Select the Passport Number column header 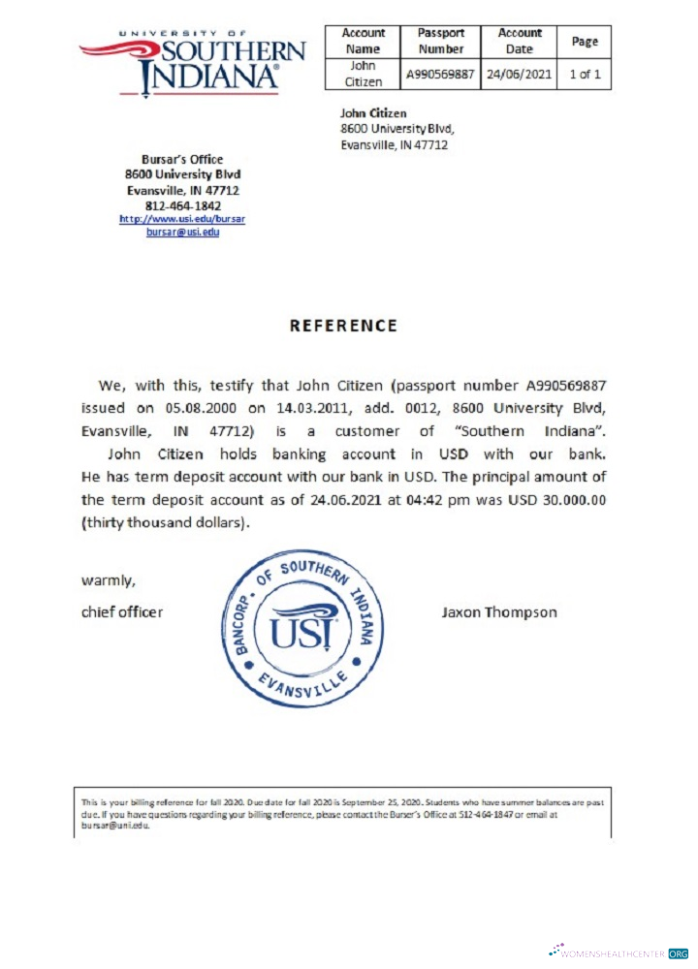pyautogui.click(x=441, y=41)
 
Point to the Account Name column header pyautogui.click(x=364, y=41)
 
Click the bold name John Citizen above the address pyautogui.click(x=373, y=113)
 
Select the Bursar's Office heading pyautogui.click(x=182, y=160)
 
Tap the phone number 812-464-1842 pyautogui.click(x=182, y=205)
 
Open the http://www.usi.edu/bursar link pyautogui.click(x=182, y=219)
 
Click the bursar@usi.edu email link pyautogui.click(x=182, y=233)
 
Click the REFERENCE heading pyautogui.click(x=343, y=326)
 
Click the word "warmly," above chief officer pyautogui.click(x=108, y=580)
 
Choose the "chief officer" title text pyautogui.click(x=122, y=611)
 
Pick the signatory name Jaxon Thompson pyautogui.click(x=499, y=611)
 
